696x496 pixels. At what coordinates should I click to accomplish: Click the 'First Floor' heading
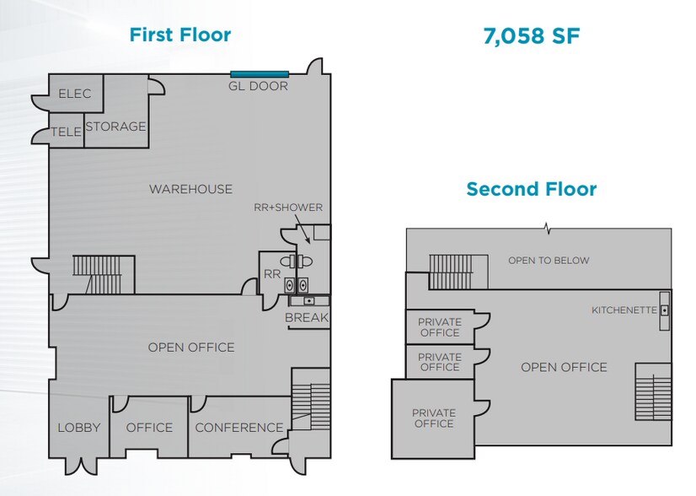click(x=179, y=35)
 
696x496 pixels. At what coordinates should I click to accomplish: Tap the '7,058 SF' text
click(x=532, y=35)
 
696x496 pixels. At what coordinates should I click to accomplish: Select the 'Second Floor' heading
click(x=531, y=188)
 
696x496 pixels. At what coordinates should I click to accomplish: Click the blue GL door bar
click(x=260, y=73)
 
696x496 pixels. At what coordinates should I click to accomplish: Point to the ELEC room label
click(x=74, y=94)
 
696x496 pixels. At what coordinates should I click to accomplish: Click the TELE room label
click(x=66, y=132)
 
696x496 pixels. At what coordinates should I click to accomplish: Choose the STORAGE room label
click(x=115, y=127)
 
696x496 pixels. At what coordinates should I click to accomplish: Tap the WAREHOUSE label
click(x=190, y=189)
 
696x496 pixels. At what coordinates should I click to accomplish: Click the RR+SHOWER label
click(x=288, y=208)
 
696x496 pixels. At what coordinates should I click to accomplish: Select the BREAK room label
click(x=307, y=318)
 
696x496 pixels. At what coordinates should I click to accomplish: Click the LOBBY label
click(x=79, y=428)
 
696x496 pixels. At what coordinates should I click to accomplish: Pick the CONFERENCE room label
click(x=239, y=428)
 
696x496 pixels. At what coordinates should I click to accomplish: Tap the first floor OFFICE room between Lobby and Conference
click(x=149, y=428)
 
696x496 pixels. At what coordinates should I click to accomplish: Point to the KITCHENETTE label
click(x=624, y=310)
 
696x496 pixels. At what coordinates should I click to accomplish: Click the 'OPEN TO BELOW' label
click(x=549, y=261)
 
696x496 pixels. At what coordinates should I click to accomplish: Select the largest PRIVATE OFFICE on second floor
click(x=433, y=418)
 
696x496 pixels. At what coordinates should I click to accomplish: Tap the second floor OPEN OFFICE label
click(x=564, y=367)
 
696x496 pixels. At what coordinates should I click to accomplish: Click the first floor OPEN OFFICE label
click(x=191, y=348)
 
